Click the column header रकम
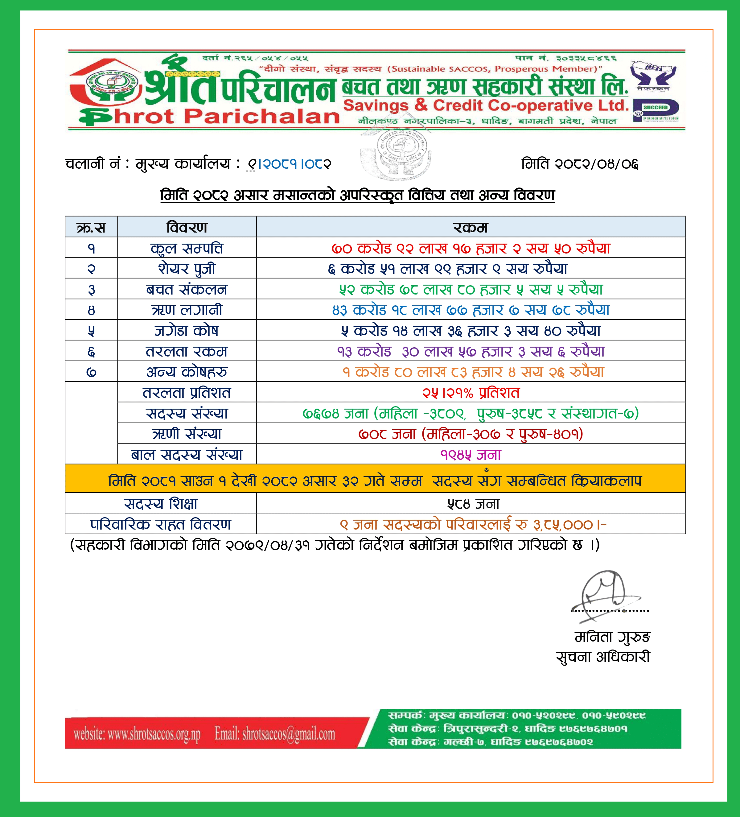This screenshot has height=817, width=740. [x=470, y=227]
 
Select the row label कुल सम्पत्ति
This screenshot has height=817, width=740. [x=187, y=248]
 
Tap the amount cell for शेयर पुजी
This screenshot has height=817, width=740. [x=448, y=268]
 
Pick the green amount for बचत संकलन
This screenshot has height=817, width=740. [x=471, y=289]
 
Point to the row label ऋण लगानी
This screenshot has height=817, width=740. [x=187, y=310]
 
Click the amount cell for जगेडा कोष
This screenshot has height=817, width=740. [x=471, y=331]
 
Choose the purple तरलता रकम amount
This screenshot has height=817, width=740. [x=471, y=351]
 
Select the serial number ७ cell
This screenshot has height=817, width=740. [x=91, y=372]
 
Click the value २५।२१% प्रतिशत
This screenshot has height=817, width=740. [x=471, y=393]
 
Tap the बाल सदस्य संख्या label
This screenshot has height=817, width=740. [x=187, y=455]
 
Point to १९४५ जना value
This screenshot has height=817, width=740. [x=471, y=455]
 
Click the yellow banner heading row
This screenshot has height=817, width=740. [x=375, y=481]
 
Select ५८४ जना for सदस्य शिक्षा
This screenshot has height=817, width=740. [x=473, y=504]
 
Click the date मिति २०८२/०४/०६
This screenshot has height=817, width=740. [x=580, y=164]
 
